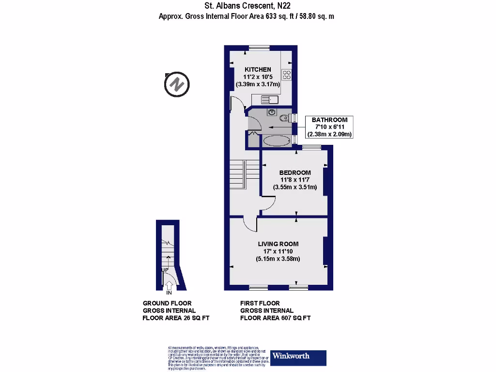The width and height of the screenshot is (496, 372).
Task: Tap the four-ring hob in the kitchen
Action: (287, 75)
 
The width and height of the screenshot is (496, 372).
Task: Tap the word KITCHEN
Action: (258, 70)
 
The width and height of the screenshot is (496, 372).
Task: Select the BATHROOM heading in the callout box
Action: (329, 120)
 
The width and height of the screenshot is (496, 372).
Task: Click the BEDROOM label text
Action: (295, 172)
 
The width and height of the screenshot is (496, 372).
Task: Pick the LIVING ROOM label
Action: (278, 244)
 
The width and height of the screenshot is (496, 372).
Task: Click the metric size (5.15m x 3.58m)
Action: (278, 259)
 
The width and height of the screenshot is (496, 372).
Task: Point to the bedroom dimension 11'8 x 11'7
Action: (295, 180)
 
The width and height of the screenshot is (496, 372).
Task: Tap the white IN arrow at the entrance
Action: (169, 286)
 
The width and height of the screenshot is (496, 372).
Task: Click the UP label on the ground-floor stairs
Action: (165, 269)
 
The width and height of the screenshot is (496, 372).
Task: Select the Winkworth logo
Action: (298, 357)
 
